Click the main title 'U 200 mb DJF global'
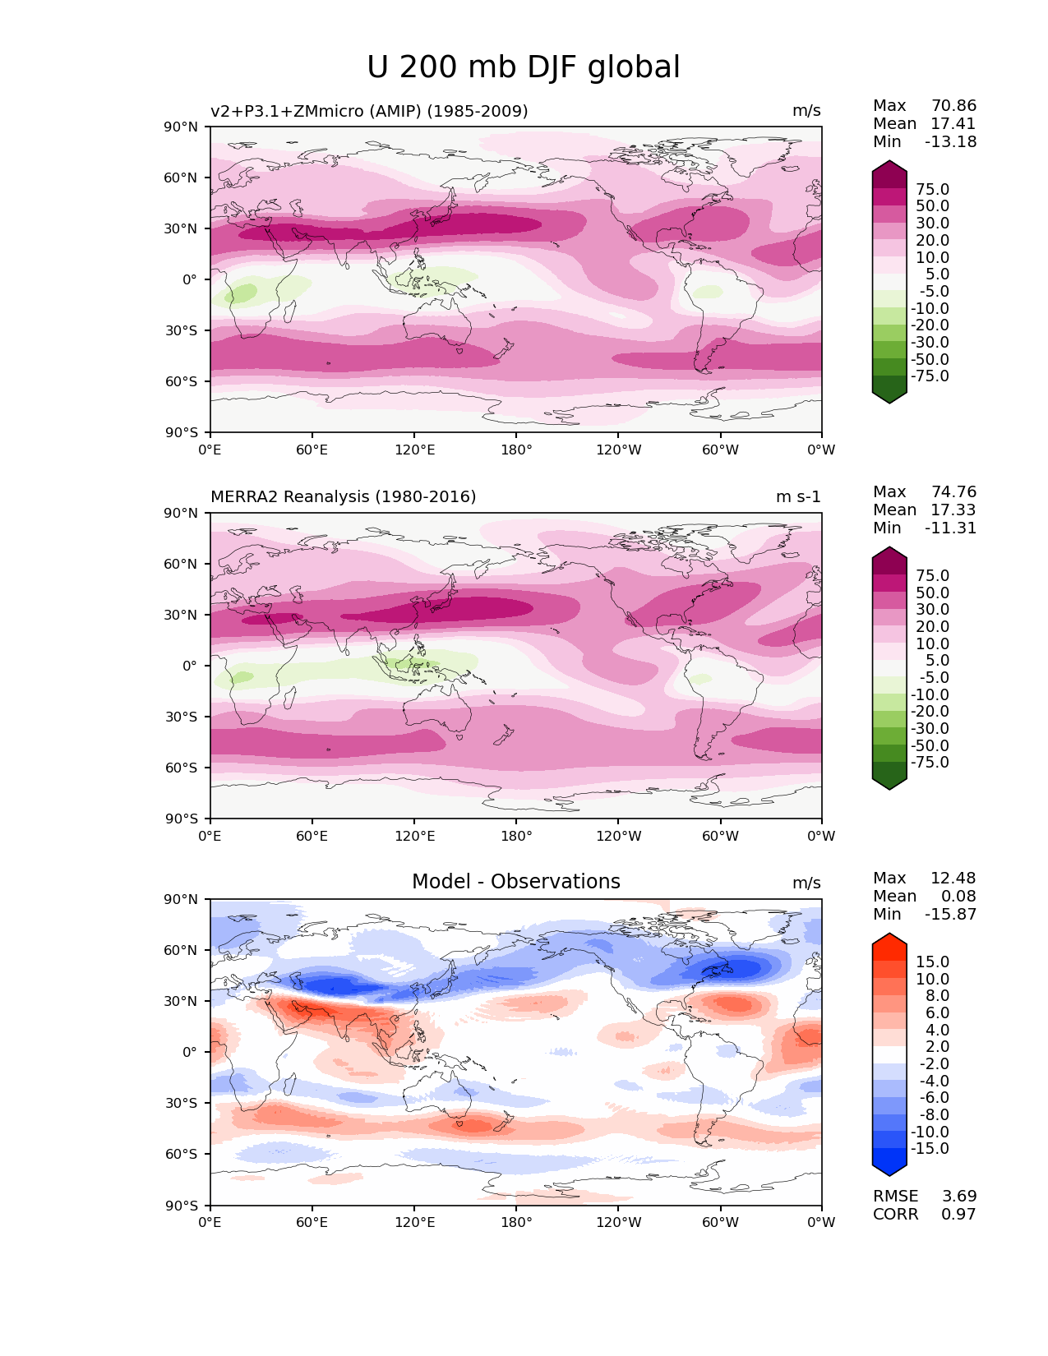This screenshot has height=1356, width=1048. point(524,67)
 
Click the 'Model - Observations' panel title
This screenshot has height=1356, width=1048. point(515,882)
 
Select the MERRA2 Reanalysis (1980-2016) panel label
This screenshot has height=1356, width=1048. point(343,497)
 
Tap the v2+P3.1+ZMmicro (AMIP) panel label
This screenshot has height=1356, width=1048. point(369,111)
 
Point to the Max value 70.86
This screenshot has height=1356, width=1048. point(953,106)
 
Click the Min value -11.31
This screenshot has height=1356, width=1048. point(950,528)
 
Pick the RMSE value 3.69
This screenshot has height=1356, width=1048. point(958,1197)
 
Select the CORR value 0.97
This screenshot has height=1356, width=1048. point(958,1215)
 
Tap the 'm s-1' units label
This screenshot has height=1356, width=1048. point(798,497)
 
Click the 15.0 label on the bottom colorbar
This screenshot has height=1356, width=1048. point(932,962)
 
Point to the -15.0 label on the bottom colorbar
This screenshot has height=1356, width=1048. point(930,1149)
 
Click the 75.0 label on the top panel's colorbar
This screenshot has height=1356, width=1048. point(932,190)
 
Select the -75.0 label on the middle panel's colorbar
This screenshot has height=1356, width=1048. point(930,763)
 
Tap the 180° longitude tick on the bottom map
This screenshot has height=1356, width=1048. point(516,1222)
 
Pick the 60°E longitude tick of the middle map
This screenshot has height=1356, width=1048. point(312,837)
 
